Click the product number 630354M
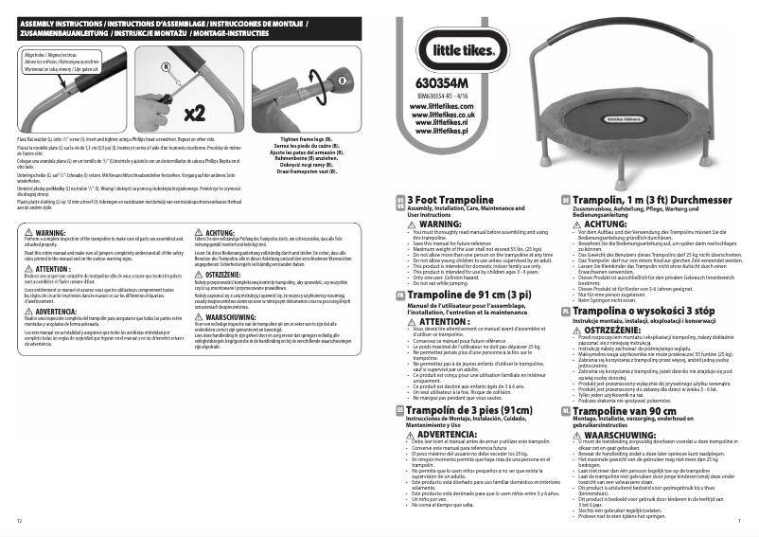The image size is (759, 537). click(x=443, y=82)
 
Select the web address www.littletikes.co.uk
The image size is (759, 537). click(x=443, y=115)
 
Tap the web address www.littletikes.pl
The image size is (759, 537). click(x=443, y=131)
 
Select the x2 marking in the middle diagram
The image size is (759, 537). click(x=195, y=114)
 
